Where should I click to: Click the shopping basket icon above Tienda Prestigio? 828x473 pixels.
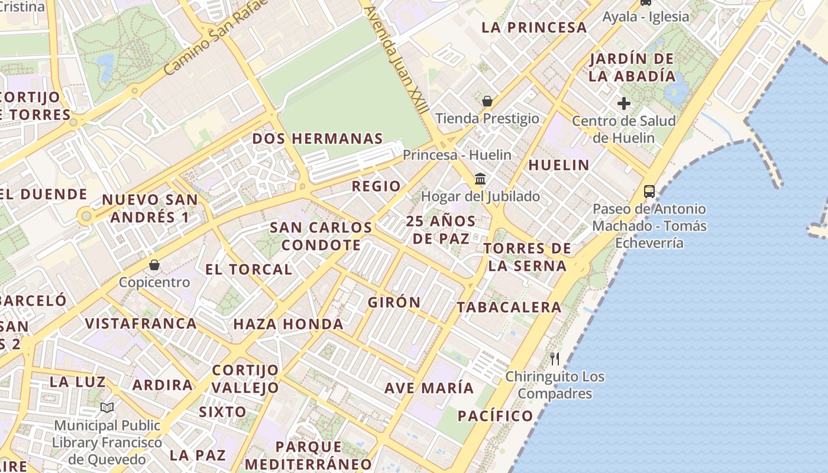point(487,101)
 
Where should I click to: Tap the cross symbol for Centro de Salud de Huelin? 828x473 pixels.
point(623,104)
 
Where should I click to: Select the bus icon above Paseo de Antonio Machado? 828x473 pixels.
point(649,191)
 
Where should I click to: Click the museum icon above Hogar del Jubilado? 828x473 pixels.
point(480,179)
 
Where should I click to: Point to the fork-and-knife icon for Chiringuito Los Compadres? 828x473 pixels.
point(555,358)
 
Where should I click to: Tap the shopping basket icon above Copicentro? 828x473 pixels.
point(154,264)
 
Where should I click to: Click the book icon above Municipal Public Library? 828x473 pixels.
point(107,407)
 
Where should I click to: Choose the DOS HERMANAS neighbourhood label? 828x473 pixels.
point(318,139)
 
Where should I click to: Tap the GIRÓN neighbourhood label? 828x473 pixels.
point(394,302)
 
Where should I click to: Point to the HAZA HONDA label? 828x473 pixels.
point(289,324)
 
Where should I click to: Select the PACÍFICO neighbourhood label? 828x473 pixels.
point(496,416)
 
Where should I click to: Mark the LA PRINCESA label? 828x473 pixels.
point(534,27)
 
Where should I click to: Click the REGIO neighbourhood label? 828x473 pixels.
point(376,186)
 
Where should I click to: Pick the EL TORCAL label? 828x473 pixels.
point(248,270)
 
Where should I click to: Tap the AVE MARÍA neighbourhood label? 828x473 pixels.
point(429,388)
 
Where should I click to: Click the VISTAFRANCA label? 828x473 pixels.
point(141,323)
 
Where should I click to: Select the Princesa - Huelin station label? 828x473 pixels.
point(457,155)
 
